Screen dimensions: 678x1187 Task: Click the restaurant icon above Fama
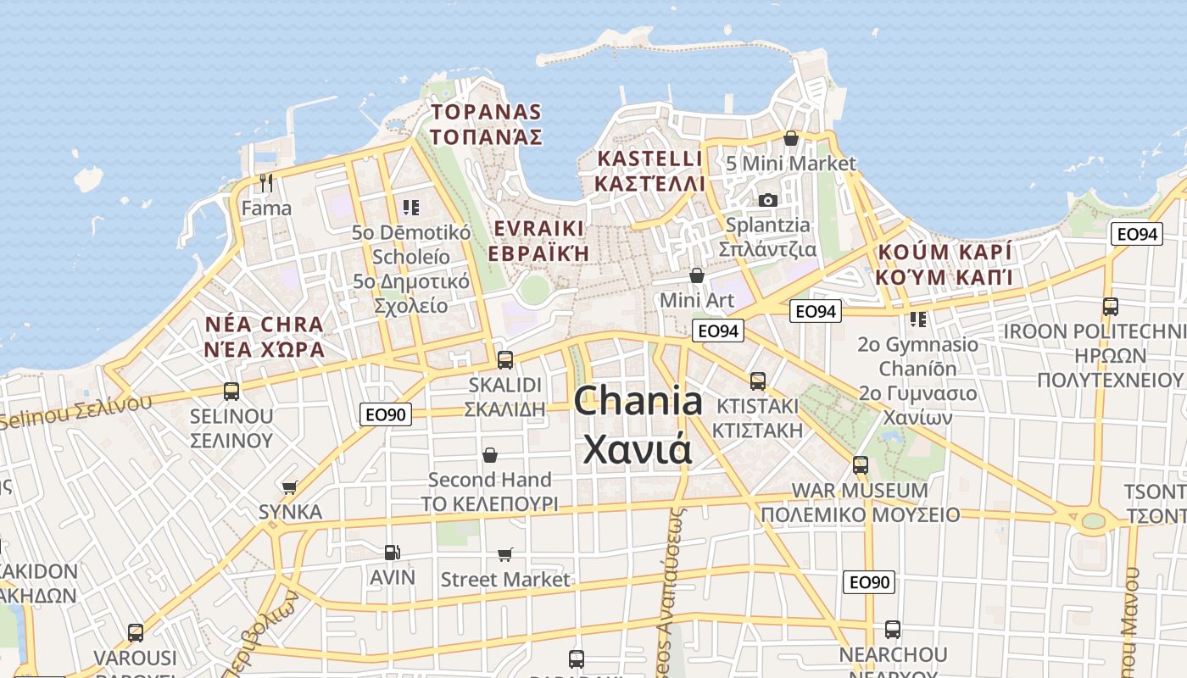(x=266, y=182)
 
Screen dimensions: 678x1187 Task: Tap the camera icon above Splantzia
(x=768, y=200)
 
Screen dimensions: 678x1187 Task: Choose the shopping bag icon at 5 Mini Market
(x=791, y=138)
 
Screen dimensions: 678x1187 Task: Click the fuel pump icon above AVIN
(x=392, y=553)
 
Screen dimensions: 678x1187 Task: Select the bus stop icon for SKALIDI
(x=505, y=359)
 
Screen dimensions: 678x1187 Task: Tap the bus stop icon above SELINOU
(x=231, y=391)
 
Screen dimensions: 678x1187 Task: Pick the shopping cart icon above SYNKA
(x=290, y=487)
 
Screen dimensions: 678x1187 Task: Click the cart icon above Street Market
(x=505, y=555)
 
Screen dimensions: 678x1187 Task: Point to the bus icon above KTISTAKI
(x=757, y=381)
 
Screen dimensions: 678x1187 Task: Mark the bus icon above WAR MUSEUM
(x=861, y=465)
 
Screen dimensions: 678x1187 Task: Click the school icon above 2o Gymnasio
(x=918, y=320)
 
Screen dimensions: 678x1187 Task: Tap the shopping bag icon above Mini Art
(x=696, y=275)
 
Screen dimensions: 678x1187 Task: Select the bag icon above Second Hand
(x=489, y=455)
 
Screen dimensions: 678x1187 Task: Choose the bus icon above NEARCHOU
(x=892, y=630)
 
